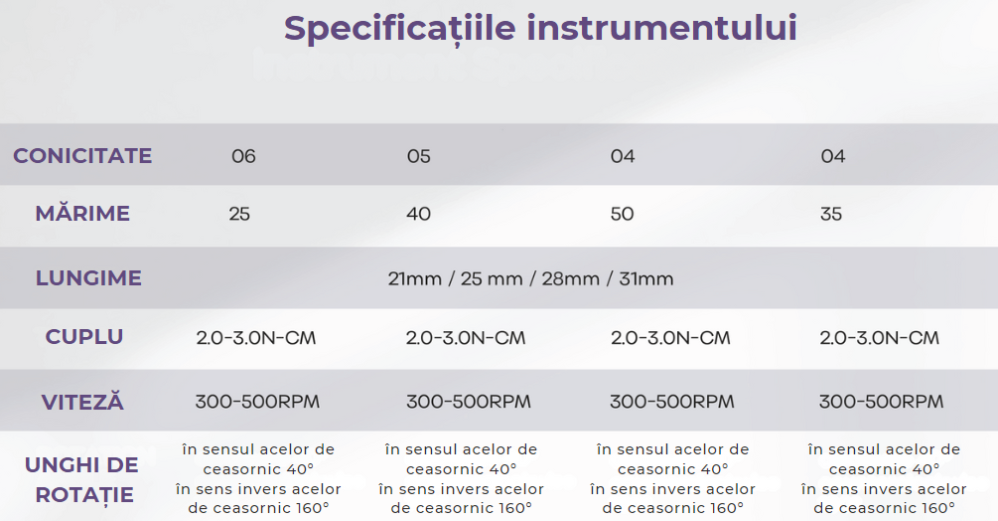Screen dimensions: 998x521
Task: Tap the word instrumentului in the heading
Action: coord(662,28)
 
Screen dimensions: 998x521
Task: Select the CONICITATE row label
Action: coord(82,156)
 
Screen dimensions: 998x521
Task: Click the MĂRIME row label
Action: coord(82,213)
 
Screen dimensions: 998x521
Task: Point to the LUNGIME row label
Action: coord(88,278)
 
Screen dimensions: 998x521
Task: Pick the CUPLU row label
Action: coord(84,337)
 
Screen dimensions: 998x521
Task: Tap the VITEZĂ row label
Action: coord(82,402)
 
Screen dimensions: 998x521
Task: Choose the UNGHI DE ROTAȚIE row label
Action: coord(82,480)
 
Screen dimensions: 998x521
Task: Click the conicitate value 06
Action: coord(243,156)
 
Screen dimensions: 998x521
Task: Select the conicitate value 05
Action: coord(419,156)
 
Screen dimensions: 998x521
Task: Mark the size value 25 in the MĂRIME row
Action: coord(239,214)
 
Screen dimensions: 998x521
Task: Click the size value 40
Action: coord(419,214)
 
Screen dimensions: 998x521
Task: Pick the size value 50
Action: coord(623,214)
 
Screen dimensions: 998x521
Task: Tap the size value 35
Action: coord(831,214)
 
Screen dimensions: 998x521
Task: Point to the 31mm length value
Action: coord(646,279)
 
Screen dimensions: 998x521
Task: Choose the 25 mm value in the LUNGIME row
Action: coord(492,279)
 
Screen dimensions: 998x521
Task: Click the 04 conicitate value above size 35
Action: coord(833,156)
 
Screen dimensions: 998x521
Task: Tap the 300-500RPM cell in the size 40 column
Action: coord(469,402)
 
